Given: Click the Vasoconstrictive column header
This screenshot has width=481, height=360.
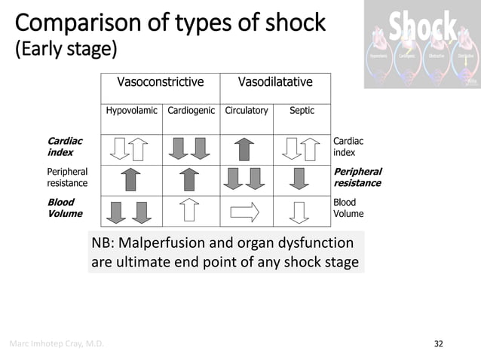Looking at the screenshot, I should click(160, 82).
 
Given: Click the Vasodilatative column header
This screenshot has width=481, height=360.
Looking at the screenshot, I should click(275, 82).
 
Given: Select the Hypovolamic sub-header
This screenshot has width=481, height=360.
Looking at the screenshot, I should click(131, 111).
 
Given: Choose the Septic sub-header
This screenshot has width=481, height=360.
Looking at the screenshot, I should click(302, 111).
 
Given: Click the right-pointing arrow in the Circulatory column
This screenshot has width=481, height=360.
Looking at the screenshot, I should click(244, 212).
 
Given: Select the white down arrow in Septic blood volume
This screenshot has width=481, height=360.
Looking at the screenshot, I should click(300, 212).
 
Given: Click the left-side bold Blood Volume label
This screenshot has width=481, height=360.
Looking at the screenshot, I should click(62, 208).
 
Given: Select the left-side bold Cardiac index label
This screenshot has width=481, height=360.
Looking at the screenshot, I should click(65, 146).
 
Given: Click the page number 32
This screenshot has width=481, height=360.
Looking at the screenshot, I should click(439, 344).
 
